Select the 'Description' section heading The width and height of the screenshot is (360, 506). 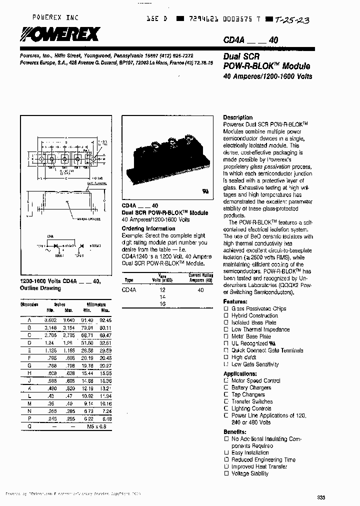[237, 117]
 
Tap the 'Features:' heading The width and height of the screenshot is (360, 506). [235, 302]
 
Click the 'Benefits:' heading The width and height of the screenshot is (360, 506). [234, 431]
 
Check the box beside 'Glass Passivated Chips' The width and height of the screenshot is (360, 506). [226, 309]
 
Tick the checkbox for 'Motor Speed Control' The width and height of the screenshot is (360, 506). [226, 381]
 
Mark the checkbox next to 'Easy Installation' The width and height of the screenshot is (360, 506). [226, 453]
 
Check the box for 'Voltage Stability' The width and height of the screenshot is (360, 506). [226, 473]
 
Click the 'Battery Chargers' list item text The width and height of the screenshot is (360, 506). [251, 387]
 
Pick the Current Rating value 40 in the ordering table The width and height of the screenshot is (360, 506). [200, 290]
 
